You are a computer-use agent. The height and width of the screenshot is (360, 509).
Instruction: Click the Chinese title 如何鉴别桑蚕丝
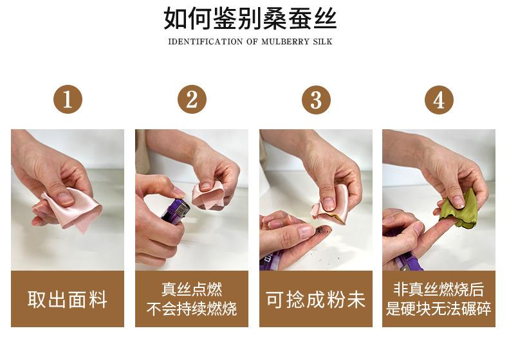click(250, 18)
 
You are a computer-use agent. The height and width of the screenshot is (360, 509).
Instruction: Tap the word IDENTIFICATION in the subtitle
click(205, 42)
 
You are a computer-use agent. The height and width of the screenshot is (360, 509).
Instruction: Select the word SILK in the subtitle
click(322, 42)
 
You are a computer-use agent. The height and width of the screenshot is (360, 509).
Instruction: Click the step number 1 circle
click(68, 100)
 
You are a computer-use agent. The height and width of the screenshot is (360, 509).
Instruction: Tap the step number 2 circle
click(192, 100)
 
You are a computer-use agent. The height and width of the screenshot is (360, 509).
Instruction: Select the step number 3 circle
click(316, 100)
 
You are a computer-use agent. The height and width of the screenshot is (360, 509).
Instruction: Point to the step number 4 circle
click(440, 100)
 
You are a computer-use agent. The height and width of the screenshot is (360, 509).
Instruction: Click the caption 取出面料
click(68, 300)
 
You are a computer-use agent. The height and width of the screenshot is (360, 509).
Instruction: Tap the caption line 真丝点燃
click(192, 289)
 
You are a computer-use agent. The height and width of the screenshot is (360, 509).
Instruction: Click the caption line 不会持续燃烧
click(192, 309)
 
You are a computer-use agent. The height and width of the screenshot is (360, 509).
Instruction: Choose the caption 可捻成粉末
click(315, 300)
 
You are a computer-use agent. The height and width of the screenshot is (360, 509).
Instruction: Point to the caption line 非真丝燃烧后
click(439, 289)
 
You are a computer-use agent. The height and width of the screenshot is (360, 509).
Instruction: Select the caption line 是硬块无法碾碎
click(439, 309)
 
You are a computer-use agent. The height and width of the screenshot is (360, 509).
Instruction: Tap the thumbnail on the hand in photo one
click(65, 197)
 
